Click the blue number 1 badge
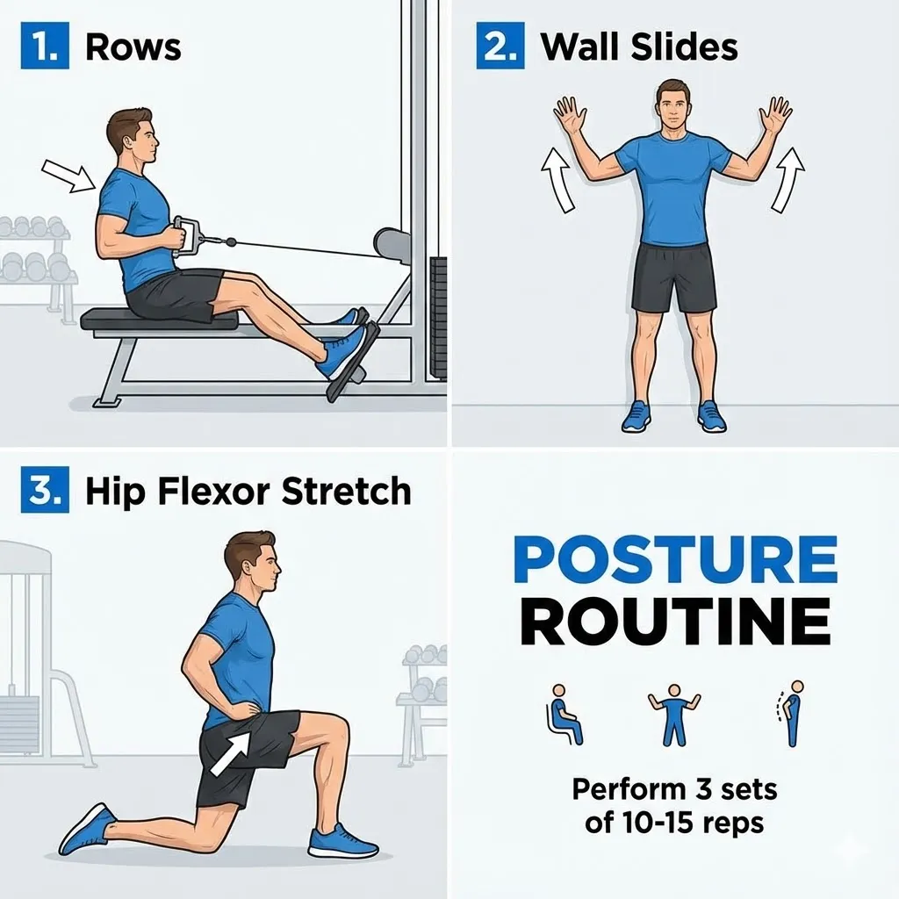43,47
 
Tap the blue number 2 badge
500,47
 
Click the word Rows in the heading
133,47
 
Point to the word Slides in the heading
685,47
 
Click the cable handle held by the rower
187,235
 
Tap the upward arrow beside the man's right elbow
557,179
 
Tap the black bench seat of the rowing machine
159,319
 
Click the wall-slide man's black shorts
673,277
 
